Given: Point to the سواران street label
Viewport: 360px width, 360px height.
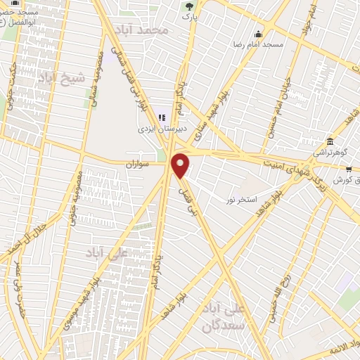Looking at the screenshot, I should point(139,164).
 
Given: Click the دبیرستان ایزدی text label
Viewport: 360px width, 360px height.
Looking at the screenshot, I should point(161,129).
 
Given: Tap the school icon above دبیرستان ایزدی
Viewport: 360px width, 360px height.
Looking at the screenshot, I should point(162,117).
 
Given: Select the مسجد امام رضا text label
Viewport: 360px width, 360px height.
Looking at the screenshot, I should point(259,44).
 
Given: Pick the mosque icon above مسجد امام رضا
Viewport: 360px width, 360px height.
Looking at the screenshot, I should point(259,34).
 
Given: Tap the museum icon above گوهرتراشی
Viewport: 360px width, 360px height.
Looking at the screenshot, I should point(330,141).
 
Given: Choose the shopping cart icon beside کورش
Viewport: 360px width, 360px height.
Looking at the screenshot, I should point(347,169).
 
